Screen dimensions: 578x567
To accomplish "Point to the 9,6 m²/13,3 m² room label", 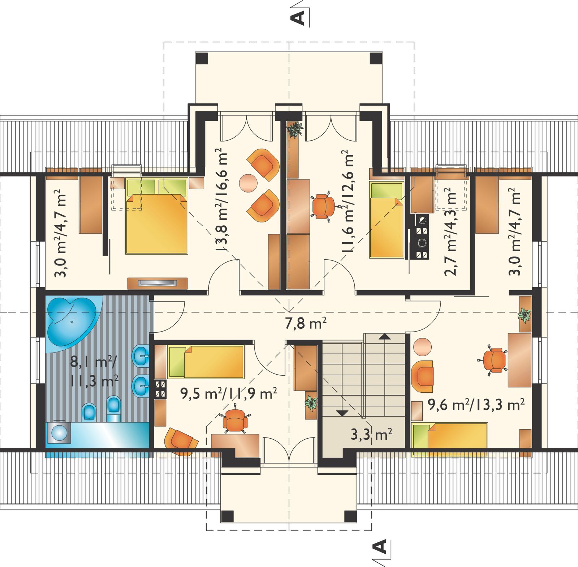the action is pos(476,405).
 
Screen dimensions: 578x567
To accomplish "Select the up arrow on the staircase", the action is pos(385,337).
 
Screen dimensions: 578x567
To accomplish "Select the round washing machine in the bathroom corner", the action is pos(58,432).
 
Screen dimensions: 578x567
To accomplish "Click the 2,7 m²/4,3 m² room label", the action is pos(450,232).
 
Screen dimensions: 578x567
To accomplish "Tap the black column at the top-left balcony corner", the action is pos(202,58).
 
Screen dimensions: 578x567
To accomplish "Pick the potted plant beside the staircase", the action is pos(311,402).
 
